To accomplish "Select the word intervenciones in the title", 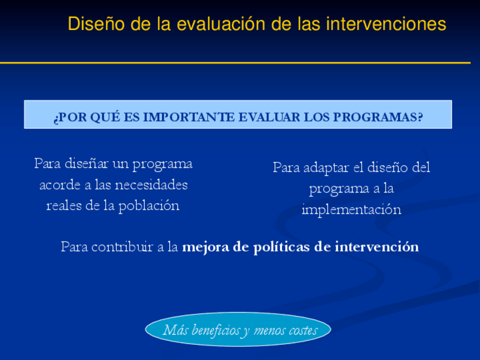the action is tap(386, 24).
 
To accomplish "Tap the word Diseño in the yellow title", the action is tap(96, 24).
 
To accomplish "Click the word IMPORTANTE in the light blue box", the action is tap(189, 117).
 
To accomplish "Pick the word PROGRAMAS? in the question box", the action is tap(378, 117).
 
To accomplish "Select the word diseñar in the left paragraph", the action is tap(87, 164).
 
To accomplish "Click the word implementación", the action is tap(352, 209).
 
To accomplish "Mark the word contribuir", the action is tap(122, 247).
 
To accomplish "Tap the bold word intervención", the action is tap(376, 247).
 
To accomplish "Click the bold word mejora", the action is tap(205, 247).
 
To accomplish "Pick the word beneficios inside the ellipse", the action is tap(216, 330).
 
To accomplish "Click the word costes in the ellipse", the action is tap(302, 331).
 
